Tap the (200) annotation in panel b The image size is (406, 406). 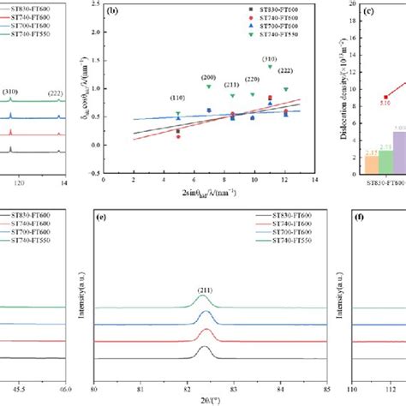pos(208,77)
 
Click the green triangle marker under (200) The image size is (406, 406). pos(208,87)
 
